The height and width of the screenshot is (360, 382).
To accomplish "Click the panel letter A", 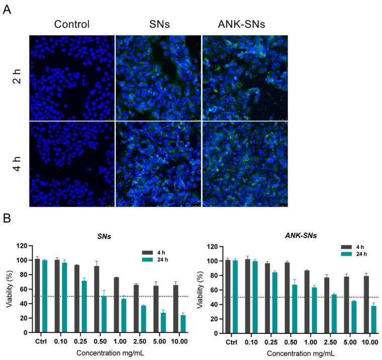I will coord(7,10).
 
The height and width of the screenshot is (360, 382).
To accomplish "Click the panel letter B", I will coord(7,220).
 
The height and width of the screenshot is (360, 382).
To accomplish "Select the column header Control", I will coord(71,24).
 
